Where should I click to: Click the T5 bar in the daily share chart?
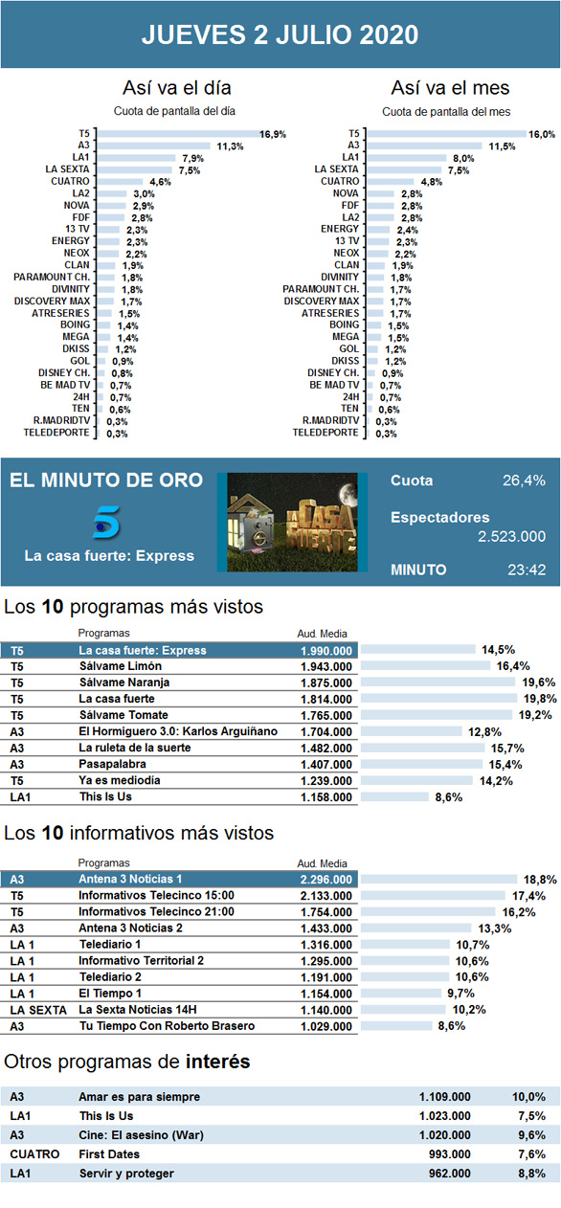(178, 134)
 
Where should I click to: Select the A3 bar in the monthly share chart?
(424, 145)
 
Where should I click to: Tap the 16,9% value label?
(273, 134)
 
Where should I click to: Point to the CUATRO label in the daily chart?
(70, 181)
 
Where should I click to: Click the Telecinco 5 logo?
(106, 522)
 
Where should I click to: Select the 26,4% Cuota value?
(524, 481)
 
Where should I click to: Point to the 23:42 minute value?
(527, 570)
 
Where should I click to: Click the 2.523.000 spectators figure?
(511, 537)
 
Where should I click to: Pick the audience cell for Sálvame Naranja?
(325, 682)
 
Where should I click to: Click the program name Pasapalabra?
(112, 764)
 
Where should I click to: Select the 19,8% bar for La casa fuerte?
(438, 699)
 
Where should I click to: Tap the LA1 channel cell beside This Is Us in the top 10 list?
(20, 797)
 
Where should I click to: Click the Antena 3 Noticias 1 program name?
(130, 879)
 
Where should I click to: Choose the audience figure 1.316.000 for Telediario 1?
(325, 945)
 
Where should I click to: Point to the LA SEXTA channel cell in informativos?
(37, 1010)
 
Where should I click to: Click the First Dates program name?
(109, 1154)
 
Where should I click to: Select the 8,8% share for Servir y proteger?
(531, 1173)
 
